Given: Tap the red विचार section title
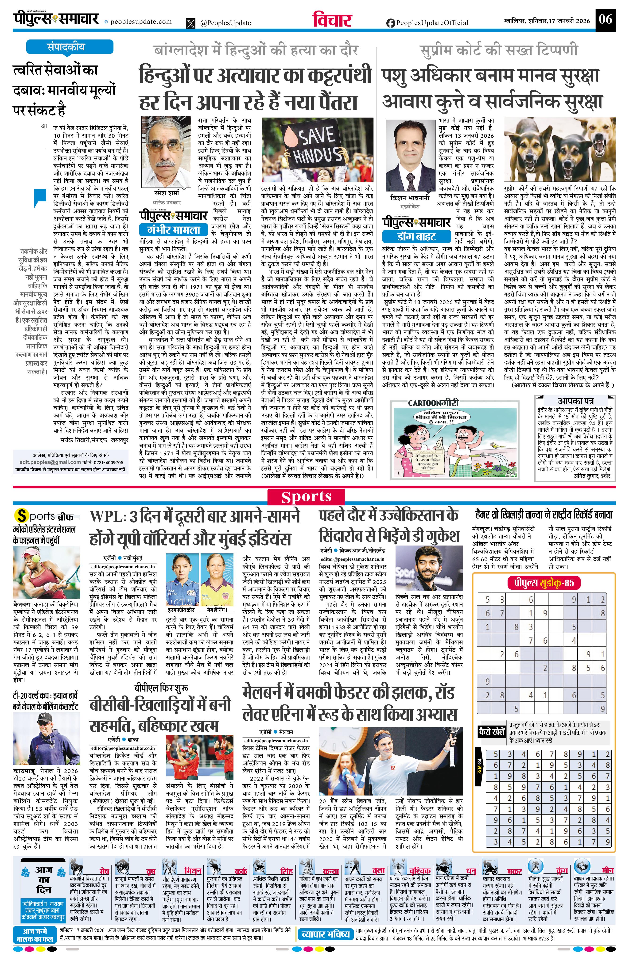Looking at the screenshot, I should point(332,20).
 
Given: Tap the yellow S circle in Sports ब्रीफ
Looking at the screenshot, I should point(21,516).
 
